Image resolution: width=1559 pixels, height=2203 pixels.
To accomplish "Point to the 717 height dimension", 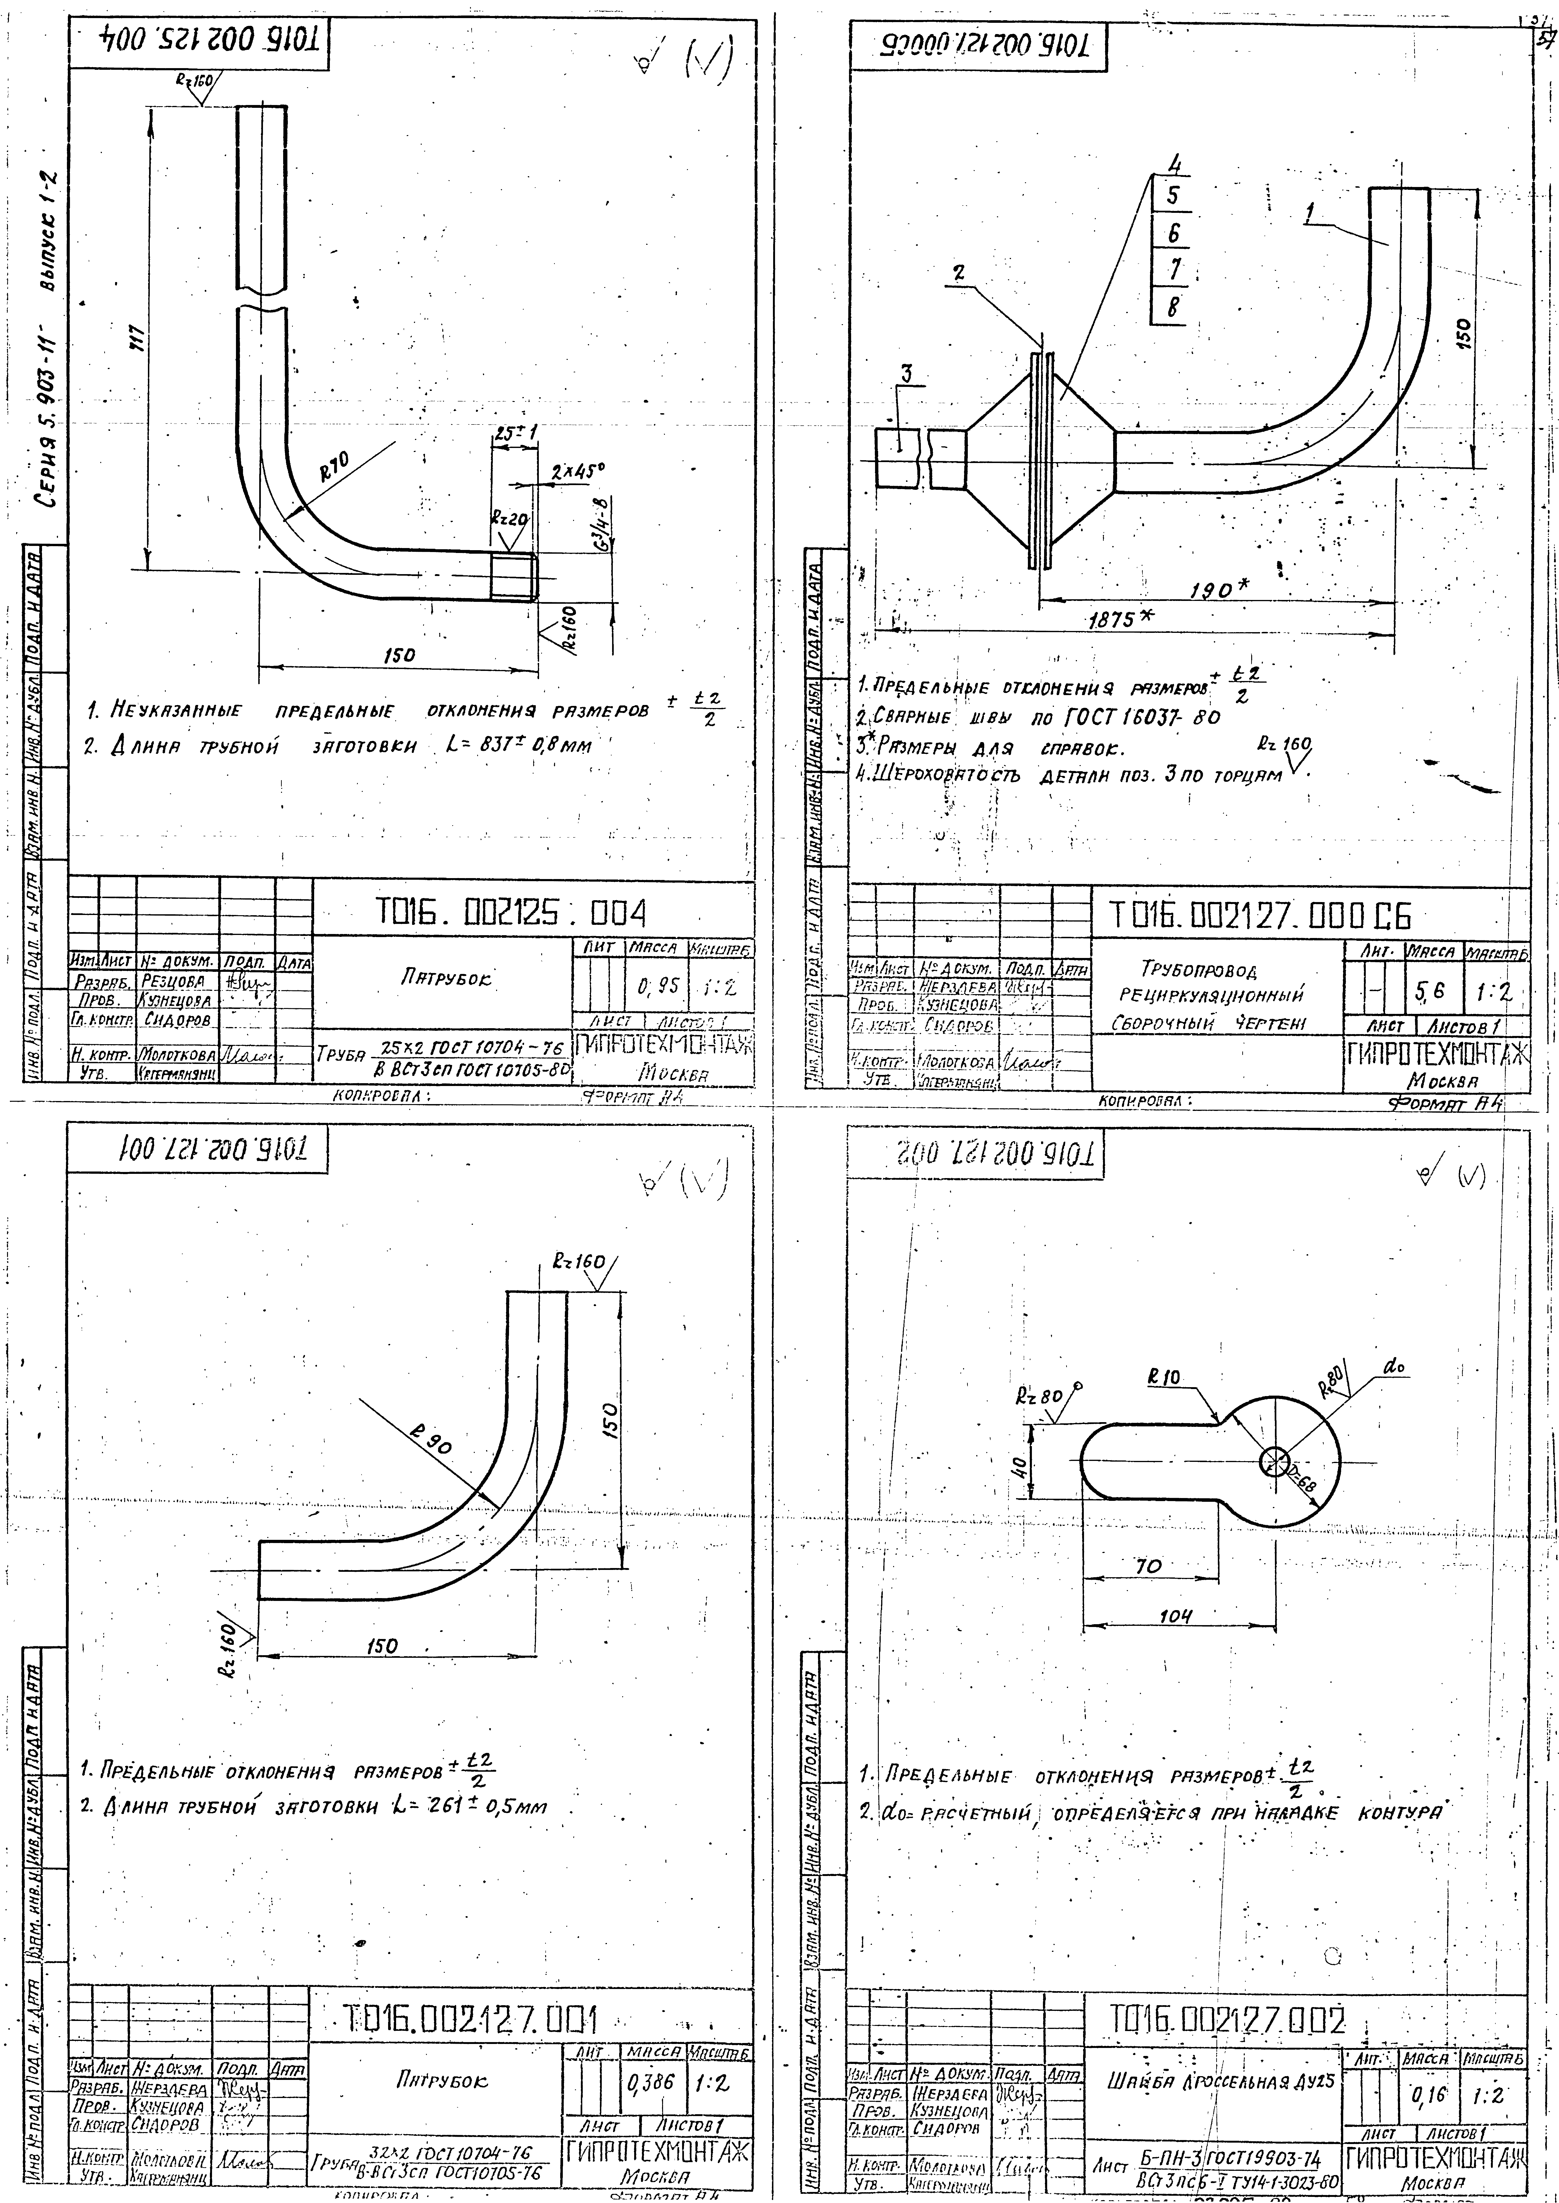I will pyautogui.click(x=134, y=336).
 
